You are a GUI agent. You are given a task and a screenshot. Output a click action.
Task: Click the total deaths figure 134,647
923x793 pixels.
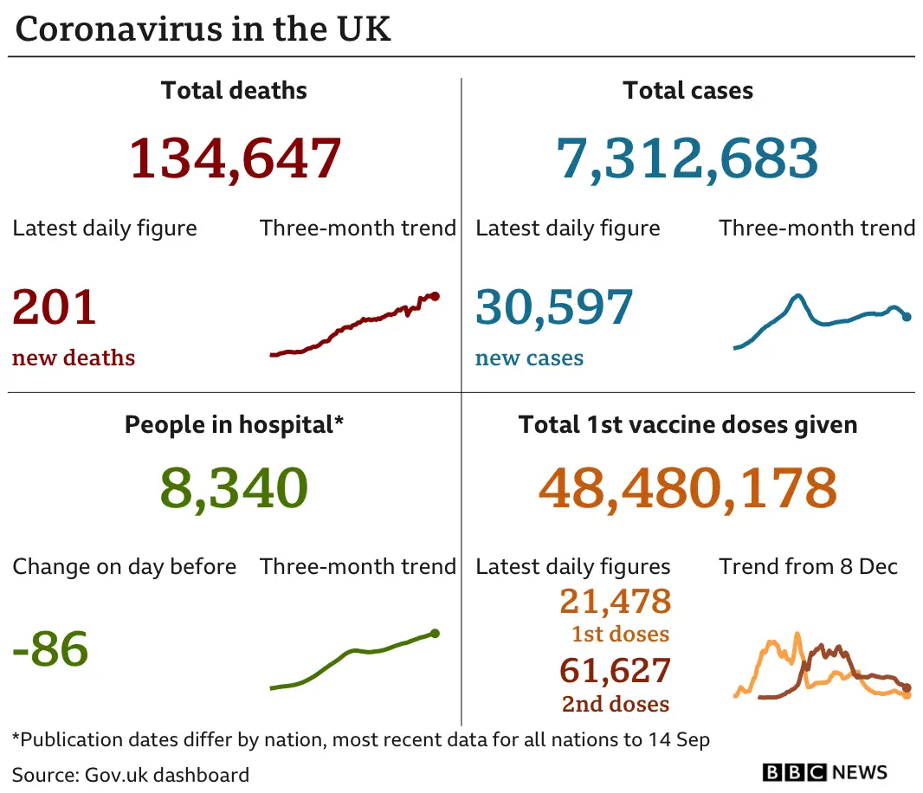(235, 158)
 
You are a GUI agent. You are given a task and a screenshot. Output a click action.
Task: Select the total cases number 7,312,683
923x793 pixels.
(687, 158)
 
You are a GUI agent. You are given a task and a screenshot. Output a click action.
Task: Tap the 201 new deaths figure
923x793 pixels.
(55, 307)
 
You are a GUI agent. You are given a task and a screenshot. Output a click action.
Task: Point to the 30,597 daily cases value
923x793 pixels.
(554, 307)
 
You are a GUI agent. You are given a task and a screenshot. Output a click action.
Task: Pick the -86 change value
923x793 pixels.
(50, 649)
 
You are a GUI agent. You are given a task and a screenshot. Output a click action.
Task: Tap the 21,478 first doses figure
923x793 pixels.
(615, 601)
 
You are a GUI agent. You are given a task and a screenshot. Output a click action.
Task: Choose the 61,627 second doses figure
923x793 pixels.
(615, 671)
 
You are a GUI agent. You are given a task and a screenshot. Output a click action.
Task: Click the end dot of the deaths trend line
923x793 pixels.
(435, 296)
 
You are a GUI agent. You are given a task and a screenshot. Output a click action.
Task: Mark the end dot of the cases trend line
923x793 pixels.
(907, 317)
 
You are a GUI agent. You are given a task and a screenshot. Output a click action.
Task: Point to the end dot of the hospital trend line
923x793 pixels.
(435, 633)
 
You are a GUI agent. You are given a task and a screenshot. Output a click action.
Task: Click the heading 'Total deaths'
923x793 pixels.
(234, 91)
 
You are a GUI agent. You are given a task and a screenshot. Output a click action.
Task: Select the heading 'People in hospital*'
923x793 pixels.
(234, 425)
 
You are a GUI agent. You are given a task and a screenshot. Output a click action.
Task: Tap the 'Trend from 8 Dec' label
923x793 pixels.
(808, 567)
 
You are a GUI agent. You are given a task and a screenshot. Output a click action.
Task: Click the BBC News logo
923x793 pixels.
(824, 772)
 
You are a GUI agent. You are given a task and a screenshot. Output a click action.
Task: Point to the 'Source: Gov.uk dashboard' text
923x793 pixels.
(131, 774)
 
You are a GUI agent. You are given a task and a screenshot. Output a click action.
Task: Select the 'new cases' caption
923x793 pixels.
(529, 358)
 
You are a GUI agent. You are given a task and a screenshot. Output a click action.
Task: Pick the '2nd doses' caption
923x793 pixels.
(615, 704)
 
